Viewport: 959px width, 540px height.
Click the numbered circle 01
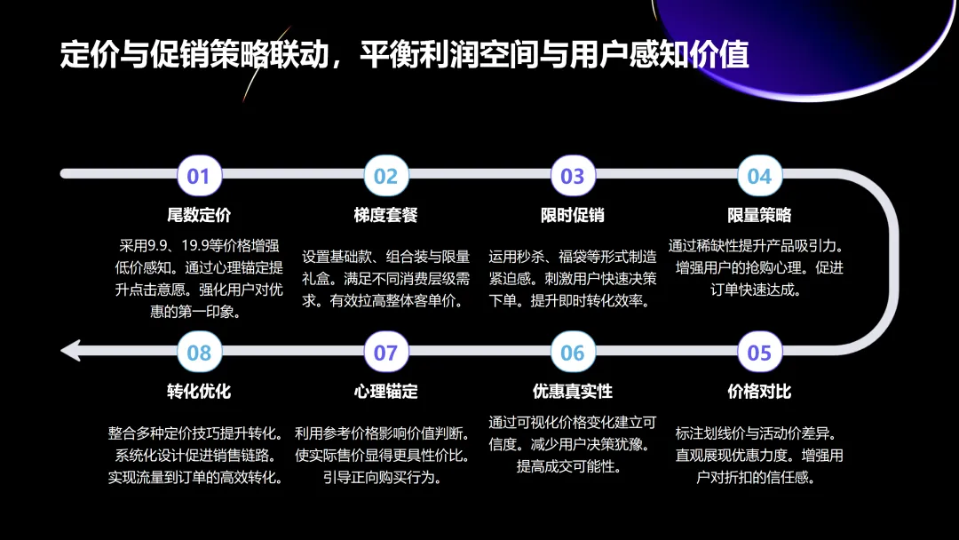coord(199,176)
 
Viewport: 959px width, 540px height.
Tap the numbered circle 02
coord(385,176)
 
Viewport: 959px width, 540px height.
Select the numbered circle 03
coord(573,176)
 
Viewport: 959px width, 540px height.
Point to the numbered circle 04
coord(759,176)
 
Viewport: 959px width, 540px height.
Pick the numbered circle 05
coord(759,353)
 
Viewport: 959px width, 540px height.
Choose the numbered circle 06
coord(573,353)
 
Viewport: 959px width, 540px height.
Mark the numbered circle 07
coord(385,353)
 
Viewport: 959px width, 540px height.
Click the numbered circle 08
coord(199,353)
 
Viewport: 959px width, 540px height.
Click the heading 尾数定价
coord(199,215)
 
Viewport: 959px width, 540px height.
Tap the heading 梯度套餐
coord(385,215)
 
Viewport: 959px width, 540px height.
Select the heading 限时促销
coord(573,215)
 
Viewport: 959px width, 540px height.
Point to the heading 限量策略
coord(759,215)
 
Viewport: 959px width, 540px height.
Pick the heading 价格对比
coord(759,392)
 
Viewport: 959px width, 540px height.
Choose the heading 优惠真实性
coord(573,392)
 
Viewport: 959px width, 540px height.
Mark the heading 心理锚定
coord(385,392)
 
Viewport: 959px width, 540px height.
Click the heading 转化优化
coord(199,392)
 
